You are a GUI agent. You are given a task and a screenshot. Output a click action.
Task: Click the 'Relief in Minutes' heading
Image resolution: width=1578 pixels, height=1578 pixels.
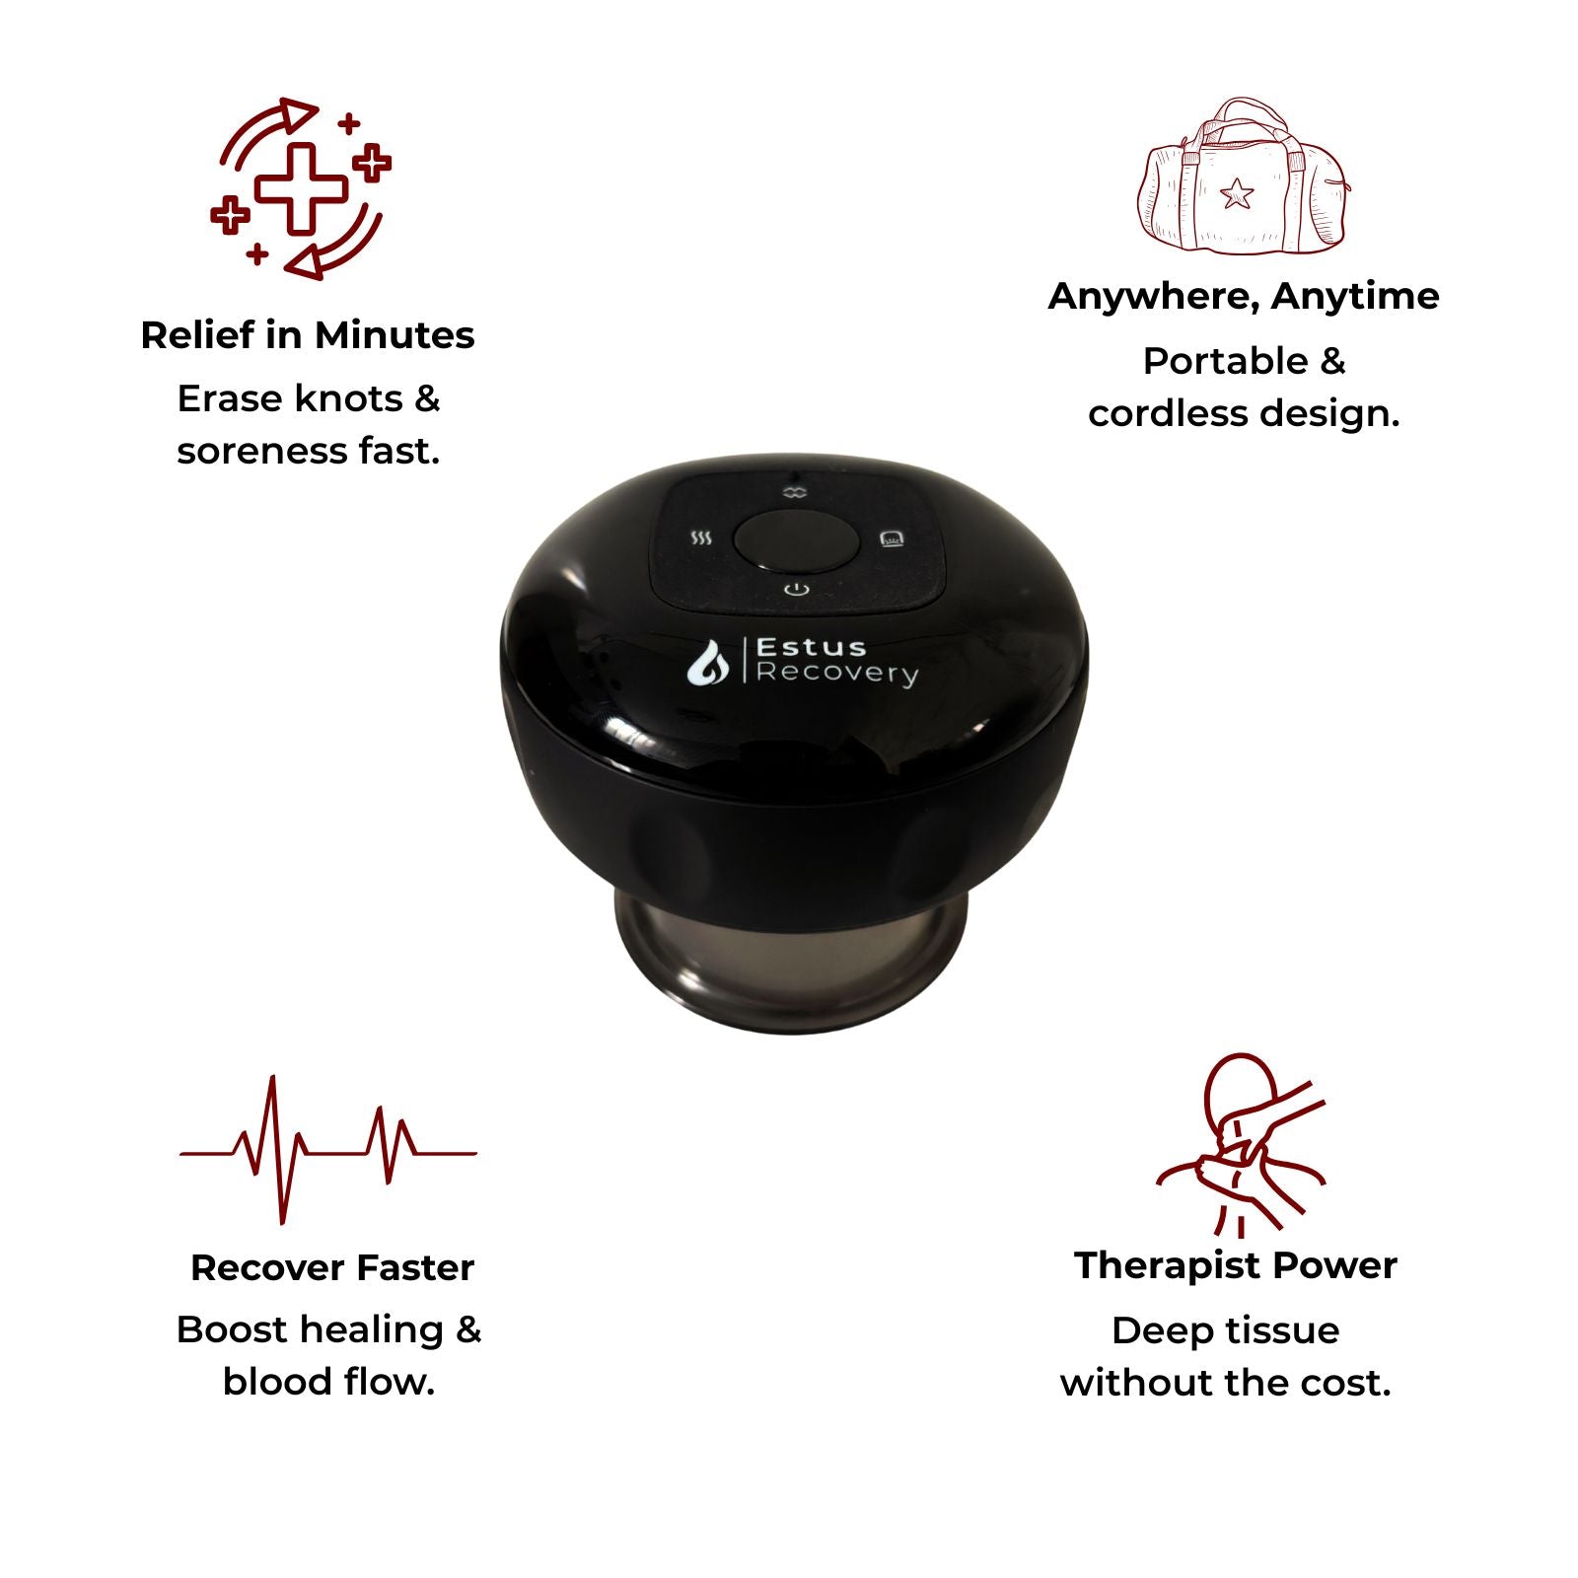click(308, 335)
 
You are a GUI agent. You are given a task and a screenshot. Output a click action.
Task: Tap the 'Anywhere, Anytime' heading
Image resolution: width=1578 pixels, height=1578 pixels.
click(1244, 296)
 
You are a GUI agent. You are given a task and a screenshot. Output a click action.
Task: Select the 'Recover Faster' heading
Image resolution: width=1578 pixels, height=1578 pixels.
click(332, 1267)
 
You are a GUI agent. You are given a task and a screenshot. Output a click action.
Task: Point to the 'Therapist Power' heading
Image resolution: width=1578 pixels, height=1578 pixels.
click(1236, 1265)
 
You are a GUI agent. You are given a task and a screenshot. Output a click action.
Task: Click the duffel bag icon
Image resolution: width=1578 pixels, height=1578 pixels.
click(1243, 176)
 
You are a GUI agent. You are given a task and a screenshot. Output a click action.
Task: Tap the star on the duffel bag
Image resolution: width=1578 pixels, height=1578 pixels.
click(1236, 194)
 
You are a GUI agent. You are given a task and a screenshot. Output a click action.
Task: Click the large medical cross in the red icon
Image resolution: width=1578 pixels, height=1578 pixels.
click(302, 188)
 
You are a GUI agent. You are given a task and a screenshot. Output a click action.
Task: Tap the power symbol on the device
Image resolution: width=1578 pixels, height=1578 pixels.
click(797, 590)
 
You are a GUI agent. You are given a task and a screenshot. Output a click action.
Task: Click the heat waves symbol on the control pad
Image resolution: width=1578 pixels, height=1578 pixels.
click(700, 538)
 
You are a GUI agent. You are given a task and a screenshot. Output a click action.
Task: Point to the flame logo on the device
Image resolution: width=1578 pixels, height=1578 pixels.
click(708, 662)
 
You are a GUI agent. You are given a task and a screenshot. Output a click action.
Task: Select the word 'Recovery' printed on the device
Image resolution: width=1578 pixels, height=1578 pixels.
click(836, 675)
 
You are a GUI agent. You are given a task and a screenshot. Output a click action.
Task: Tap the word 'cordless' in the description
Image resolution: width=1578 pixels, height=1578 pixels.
click(1155, 413)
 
